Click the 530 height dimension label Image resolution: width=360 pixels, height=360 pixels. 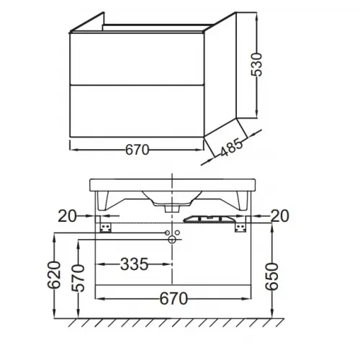coord(256,65)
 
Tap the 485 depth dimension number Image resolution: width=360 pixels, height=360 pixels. coord(231,147)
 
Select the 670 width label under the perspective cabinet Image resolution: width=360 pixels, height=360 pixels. coord(137,150)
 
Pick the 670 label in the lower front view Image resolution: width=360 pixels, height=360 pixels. coord(174,299)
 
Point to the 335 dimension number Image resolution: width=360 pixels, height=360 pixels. coord(134,264)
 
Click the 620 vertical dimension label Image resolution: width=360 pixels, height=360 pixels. coord(54,275)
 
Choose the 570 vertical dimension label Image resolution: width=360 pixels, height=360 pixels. coord(78,278)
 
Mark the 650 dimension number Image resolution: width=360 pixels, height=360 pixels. coord(271,276)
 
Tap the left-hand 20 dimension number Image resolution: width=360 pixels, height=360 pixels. coord(67,216)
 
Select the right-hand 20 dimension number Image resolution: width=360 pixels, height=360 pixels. coord(280,216)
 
